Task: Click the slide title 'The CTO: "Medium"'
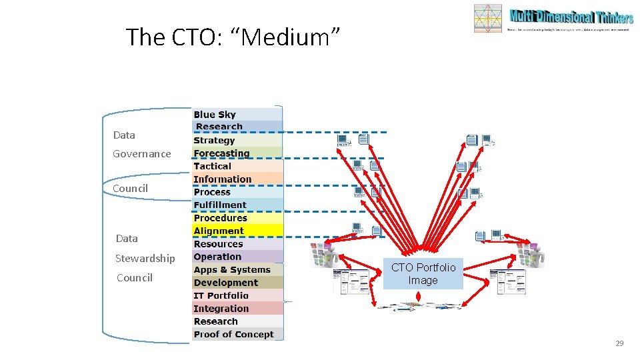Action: [233, 37]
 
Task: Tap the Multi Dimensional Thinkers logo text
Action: [570, 17]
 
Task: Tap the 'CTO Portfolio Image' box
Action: [423, 274]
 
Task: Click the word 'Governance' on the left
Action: [141, 154]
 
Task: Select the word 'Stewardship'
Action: [145, 259]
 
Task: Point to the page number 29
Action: [619, 343]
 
